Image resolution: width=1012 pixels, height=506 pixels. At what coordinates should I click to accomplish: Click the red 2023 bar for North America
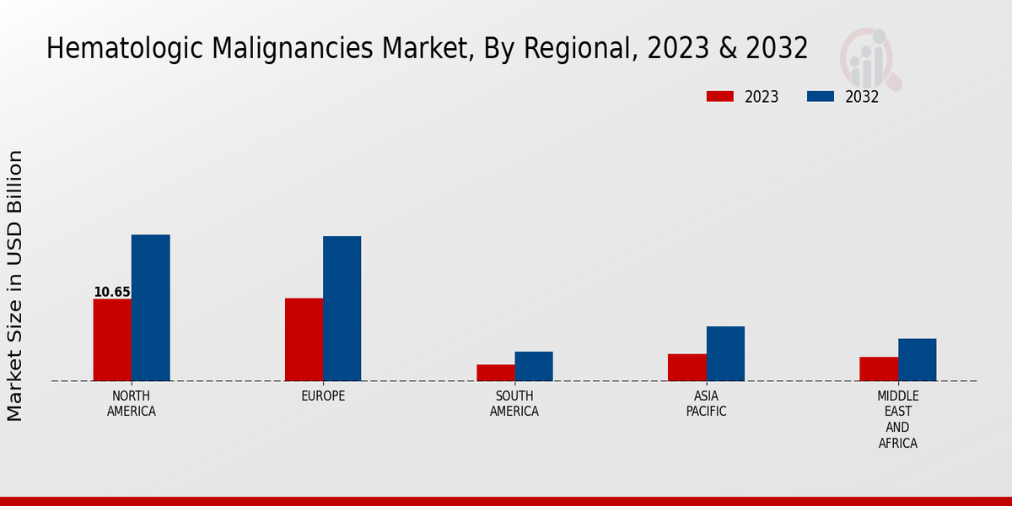112,340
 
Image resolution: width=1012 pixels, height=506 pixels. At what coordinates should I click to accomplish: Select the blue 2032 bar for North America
151,308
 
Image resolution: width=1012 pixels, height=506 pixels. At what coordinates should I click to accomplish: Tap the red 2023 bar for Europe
304,340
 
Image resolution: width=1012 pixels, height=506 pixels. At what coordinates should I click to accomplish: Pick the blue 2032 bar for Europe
342,309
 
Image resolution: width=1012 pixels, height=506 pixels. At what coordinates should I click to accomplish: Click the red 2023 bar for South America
495,373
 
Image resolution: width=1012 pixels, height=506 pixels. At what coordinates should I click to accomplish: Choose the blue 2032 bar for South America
534,366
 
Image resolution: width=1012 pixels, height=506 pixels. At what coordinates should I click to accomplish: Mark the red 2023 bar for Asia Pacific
687,368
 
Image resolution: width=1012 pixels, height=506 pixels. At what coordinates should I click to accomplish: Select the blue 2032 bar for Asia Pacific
725,353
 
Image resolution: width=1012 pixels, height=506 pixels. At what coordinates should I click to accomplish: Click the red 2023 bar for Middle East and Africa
879,369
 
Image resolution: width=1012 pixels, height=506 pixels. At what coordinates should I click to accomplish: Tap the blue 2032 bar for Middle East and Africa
918,359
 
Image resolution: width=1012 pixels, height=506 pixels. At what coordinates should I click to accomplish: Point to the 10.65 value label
112,293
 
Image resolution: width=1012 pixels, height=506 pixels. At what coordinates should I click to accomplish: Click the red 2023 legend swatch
720,97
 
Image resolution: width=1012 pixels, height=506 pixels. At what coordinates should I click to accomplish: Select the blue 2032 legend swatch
821,97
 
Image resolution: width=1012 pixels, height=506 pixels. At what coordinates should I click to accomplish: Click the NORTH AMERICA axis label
132,404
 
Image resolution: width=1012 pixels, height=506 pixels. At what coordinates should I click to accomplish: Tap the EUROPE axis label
323,396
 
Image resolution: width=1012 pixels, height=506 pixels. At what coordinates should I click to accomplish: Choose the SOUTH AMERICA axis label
514,404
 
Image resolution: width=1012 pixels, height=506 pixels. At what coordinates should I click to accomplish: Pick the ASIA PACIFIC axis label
707,404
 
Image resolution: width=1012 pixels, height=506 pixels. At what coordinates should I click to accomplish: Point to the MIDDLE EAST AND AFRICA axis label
898,420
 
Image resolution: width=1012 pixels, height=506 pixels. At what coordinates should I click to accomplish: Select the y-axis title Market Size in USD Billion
16,285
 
